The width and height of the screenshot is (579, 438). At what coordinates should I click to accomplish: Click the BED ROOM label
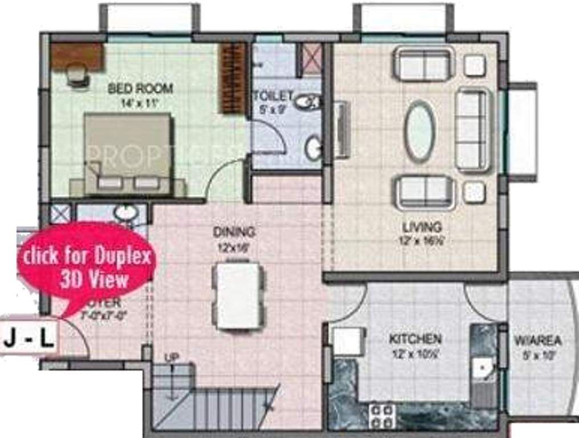pyautogui.click(x=140, y=89)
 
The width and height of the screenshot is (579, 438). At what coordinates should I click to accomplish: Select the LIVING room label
pyautogui.click(x=422, y=227)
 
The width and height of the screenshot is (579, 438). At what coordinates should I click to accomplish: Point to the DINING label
pyautogui.click(x=234, y=232)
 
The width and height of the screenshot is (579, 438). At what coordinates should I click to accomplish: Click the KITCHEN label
pyautogui.click(x=415, y=339)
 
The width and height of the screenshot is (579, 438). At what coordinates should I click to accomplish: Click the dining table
pyautogui.click(x=238, y=294)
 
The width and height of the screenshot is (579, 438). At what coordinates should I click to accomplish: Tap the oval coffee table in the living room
pyautogui.click(x=419, y=131)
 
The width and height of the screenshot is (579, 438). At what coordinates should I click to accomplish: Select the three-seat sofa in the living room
pyautogui.click(x=473, y=129)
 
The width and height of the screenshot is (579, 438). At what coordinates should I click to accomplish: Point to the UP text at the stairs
pyautogui.click(x=171, y=358)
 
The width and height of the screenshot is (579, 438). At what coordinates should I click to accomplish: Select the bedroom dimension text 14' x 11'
pyautogui.click(x=140, y=103)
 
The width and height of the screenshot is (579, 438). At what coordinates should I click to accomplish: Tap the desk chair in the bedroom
pyautogui.click(x=78, y=75)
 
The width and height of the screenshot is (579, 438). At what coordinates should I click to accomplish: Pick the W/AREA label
pyautogui.click(x=537, y=341)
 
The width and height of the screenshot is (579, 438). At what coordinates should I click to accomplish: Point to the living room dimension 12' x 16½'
pyautogui.click(x=422, y=241)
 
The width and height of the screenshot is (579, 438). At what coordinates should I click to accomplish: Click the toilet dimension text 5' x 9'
pyautogui.click(x=272, y=109)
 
